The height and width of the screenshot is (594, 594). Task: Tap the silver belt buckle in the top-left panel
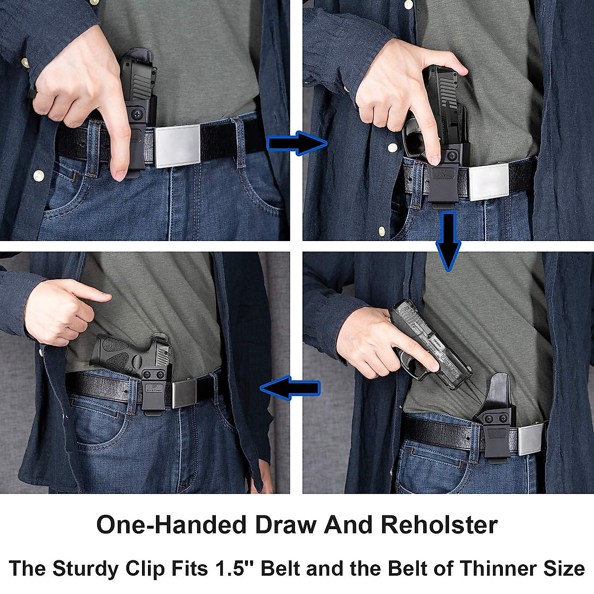tap(178, 146)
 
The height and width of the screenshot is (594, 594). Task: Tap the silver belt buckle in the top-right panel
tap(489, 181)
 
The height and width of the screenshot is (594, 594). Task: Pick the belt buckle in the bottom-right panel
tap(531, 439)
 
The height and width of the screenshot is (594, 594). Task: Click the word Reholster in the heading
tap(439, 525)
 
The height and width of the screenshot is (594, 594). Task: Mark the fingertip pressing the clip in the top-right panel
tap(434, 159)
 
